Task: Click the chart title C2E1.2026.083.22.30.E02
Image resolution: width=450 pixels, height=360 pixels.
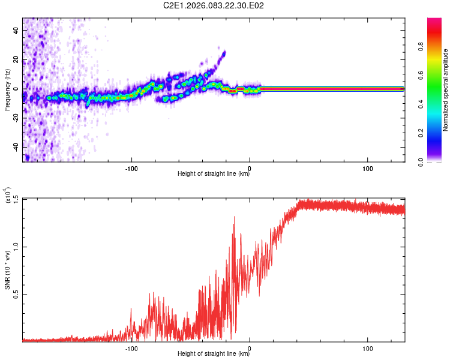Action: (214, 5)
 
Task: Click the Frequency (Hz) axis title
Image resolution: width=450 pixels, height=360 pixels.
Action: (7, 89)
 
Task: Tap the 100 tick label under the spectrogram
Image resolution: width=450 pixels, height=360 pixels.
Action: (367, 167)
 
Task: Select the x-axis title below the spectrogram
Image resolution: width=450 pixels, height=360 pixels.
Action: (214, 174)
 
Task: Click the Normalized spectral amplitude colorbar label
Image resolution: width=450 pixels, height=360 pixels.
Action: (446, 89)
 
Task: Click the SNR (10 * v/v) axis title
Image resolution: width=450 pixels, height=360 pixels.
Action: (7, 269)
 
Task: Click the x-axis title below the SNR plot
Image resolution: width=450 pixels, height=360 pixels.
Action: (214, 354)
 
